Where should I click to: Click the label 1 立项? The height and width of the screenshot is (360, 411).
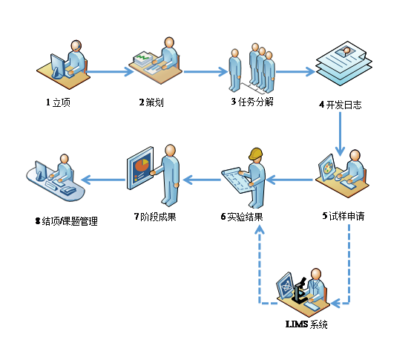58,102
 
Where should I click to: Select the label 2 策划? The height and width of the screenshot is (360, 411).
152,102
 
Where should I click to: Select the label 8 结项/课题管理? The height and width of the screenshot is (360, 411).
66,221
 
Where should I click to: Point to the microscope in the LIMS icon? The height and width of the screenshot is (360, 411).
302,292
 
